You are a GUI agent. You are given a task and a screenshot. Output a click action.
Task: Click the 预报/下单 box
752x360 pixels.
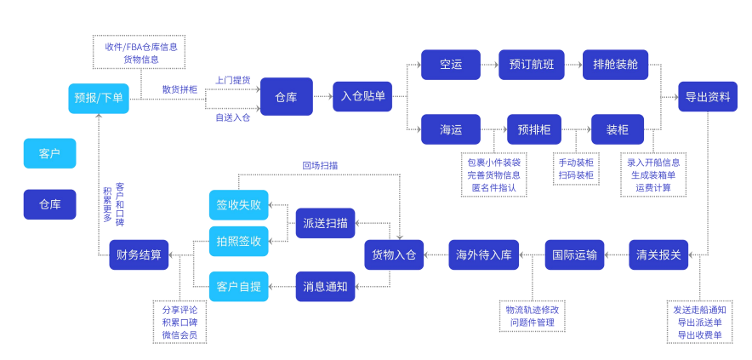(x=100, y=98)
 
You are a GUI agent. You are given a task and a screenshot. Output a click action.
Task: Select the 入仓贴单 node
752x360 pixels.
(x=362, y=96)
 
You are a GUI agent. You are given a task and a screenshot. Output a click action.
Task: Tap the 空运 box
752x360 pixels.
(x=451, y=65)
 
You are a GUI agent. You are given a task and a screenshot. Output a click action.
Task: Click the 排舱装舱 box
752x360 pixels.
(x=614, y=65)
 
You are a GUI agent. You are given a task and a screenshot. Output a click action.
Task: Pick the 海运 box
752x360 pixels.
(x=451, y=129)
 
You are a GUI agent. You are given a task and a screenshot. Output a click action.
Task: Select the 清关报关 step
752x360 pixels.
(x=659, y=254)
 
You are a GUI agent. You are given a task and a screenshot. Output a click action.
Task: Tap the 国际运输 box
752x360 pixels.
(x=574, y=254)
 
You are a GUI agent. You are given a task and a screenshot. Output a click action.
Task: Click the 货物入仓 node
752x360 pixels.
(x=394, y=254)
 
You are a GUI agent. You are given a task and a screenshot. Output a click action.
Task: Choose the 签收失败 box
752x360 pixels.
(x=238, y=205)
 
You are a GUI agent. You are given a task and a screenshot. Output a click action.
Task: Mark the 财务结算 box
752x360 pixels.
(x=139, y=254)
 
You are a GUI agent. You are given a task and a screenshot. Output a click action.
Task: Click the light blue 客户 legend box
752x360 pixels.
(x=49, y=153)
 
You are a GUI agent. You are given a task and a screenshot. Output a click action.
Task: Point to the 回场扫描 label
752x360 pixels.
(x=319, y=165)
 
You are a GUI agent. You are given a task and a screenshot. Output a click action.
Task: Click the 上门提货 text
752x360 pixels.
(x=232, y=80)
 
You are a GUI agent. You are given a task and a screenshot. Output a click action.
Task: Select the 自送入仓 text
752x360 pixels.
(x=232, y=117)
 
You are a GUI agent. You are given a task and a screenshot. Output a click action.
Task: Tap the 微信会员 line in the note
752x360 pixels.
(x=179, y=335)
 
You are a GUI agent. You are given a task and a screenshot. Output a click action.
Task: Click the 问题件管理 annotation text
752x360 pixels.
(x=532, y=323)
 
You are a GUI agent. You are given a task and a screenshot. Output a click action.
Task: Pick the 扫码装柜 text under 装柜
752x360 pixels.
(x=576, y=175)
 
